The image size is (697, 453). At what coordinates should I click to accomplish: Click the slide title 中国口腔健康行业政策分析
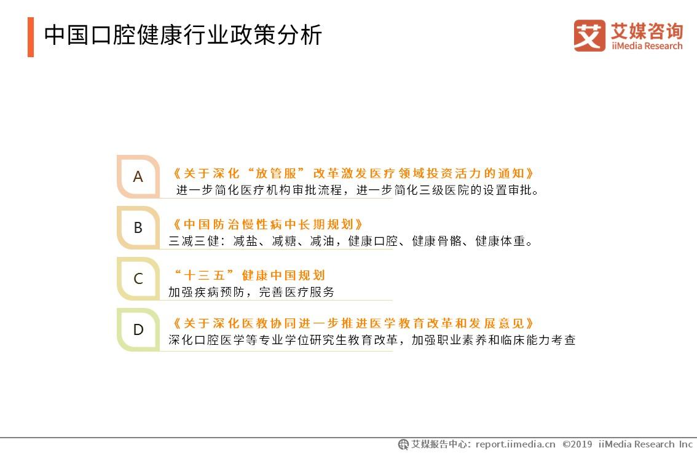[183, 35]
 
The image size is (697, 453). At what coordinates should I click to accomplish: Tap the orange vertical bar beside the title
[31, 37]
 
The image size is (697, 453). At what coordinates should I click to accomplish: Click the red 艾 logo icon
[589, 36]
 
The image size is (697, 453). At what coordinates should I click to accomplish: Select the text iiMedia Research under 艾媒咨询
[647, 46]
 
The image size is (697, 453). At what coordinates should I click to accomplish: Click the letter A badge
[138, 177]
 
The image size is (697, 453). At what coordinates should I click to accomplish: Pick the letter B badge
[138, 228]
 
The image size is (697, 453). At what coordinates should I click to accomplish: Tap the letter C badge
[138, 279]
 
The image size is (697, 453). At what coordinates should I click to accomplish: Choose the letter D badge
[138, 330]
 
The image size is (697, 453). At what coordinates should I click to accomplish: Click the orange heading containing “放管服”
[353, 173]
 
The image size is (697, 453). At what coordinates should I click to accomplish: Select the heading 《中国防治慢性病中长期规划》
[269, 224]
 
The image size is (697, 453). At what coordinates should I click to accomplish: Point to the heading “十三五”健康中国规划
[250, 275]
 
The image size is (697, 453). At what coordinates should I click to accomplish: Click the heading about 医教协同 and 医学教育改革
[353, 323]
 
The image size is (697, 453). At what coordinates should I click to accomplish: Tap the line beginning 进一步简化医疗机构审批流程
[358, 191]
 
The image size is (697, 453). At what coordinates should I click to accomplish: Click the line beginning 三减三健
[350, 242]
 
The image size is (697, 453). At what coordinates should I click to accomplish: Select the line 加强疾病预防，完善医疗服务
[251, 293]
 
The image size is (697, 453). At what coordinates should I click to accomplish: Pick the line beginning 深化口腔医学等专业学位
[372, 340]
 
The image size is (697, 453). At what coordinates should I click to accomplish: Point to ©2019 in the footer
[577, 444]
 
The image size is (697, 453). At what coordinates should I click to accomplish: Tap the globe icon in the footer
[403, 444]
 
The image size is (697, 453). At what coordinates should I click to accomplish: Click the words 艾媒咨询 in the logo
[647, 30]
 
